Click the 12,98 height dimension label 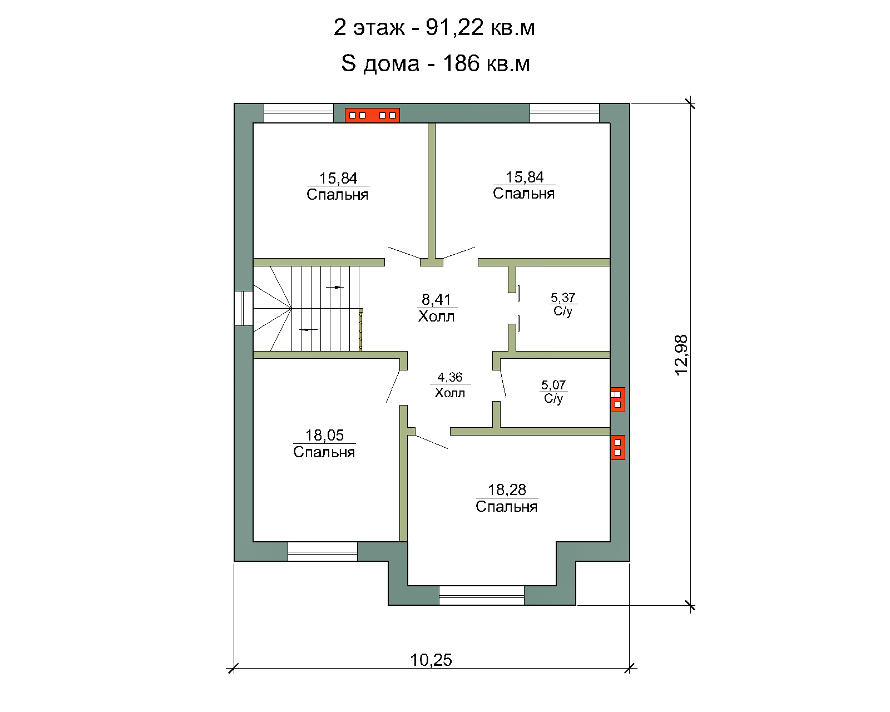(681, 355)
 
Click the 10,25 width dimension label (431, 660)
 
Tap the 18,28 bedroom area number (507, 490)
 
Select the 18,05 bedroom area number (324, 435)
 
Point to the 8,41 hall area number (436, 299)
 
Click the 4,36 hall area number (449, 377)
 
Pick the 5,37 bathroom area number (563, 298)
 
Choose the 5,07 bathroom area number (553, 385)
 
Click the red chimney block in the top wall (372, 116)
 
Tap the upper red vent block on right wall (617, 399)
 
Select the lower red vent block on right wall (617, 448)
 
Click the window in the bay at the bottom (481, 595)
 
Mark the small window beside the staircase (244, 308)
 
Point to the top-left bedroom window (299, 113)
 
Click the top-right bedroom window (565, 113)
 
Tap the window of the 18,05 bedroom (323, 551)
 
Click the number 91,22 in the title (454, 28)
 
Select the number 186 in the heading (461, 63)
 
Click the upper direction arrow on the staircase (335, 287)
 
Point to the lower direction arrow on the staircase (308, 329)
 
